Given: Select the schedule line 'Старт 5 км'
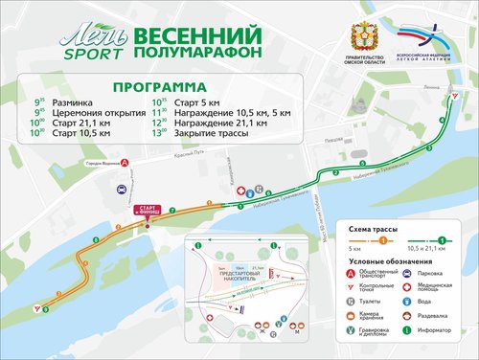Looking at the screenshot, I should [196, 99].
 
